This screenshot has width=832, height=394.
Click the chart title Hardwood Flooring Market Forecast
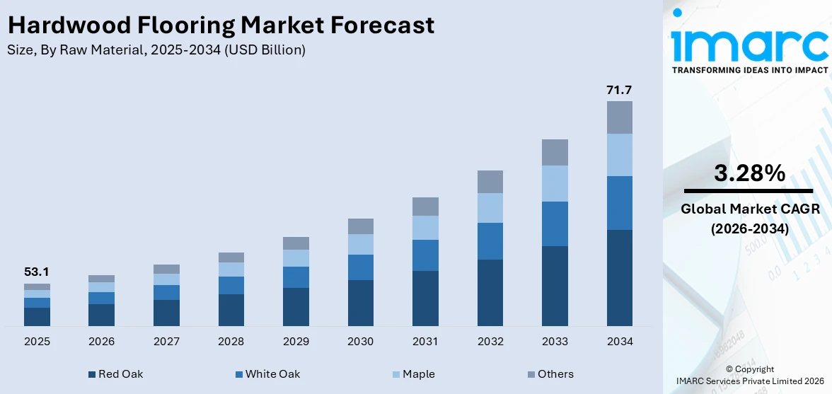(x=221, y=25)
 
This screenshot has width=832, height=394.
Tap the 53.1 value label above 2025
(x=37, y=272)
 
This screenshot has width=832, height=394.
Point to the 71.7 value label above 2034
(x=619, y=90)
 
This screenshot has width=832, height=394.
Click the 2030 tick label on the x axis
(x=360, y=342)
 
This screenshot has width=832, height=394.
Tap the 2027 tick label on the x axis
(x=166, y=342)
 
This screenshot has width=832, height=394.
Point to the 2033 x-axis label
(x=555, y=342)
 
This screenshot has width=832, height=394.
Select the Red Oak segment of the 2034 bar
(x=620, y=277)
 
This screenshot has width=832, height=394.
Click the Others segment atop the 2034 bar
(x=620, y=117)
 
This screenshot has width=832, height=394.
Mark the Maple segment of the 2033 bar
(x=555, y=183)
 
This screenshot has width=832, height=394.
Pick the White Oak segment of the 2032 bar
(x=490, y=241)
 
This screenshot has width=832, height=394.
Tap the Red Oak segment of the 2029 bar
(x=296, y=306)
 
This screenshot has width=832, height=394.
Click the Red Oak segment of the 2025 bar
(x=37, y=316)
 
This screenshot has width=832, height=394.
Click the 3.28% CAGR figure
(x=749, y=173)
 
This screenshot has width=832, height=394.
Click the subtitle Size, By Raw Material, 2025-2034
(x=156, y=50)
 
